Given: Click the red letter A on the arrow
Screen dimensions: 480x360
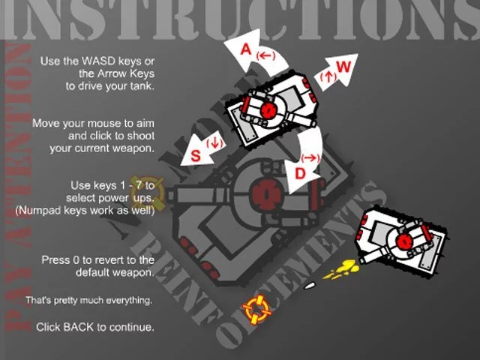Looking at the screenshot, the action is (x=246, y=49).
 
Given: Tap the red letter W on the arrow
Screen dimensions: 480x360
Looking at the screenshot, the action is (x=343, y=67).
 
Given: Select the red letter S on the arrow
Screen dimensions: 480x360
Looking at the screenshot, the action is (x=196, y=155).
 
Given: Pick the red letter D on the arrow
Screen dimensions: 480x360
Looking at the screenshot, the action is (x=300, y=173).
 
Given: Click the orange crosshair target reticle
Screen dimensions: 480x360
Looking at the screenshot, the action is (x=256, y=310).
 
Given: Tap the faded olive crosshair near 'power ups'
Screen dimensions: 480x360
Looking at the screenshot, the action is (x=147, y=193).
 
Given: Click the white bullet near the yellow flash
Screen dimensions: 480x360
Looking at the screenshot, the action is (x=309, y=286).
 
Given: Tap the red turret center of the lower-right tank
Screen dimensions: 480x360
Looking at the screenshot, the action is (x=404, y=241).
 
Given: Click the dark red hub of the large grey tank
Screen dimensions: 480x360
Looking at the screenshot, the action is (x=265, y=193).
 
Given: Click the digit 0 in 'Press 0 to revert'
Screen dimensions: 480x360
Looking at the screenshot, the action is (x=76, y=260).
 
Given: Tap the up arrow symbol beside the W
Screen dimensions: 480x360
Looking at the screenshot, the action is (x=328, y=75).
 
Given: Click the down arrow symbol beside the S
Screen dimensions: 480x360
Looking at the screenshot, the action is (x=214, y=143).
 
